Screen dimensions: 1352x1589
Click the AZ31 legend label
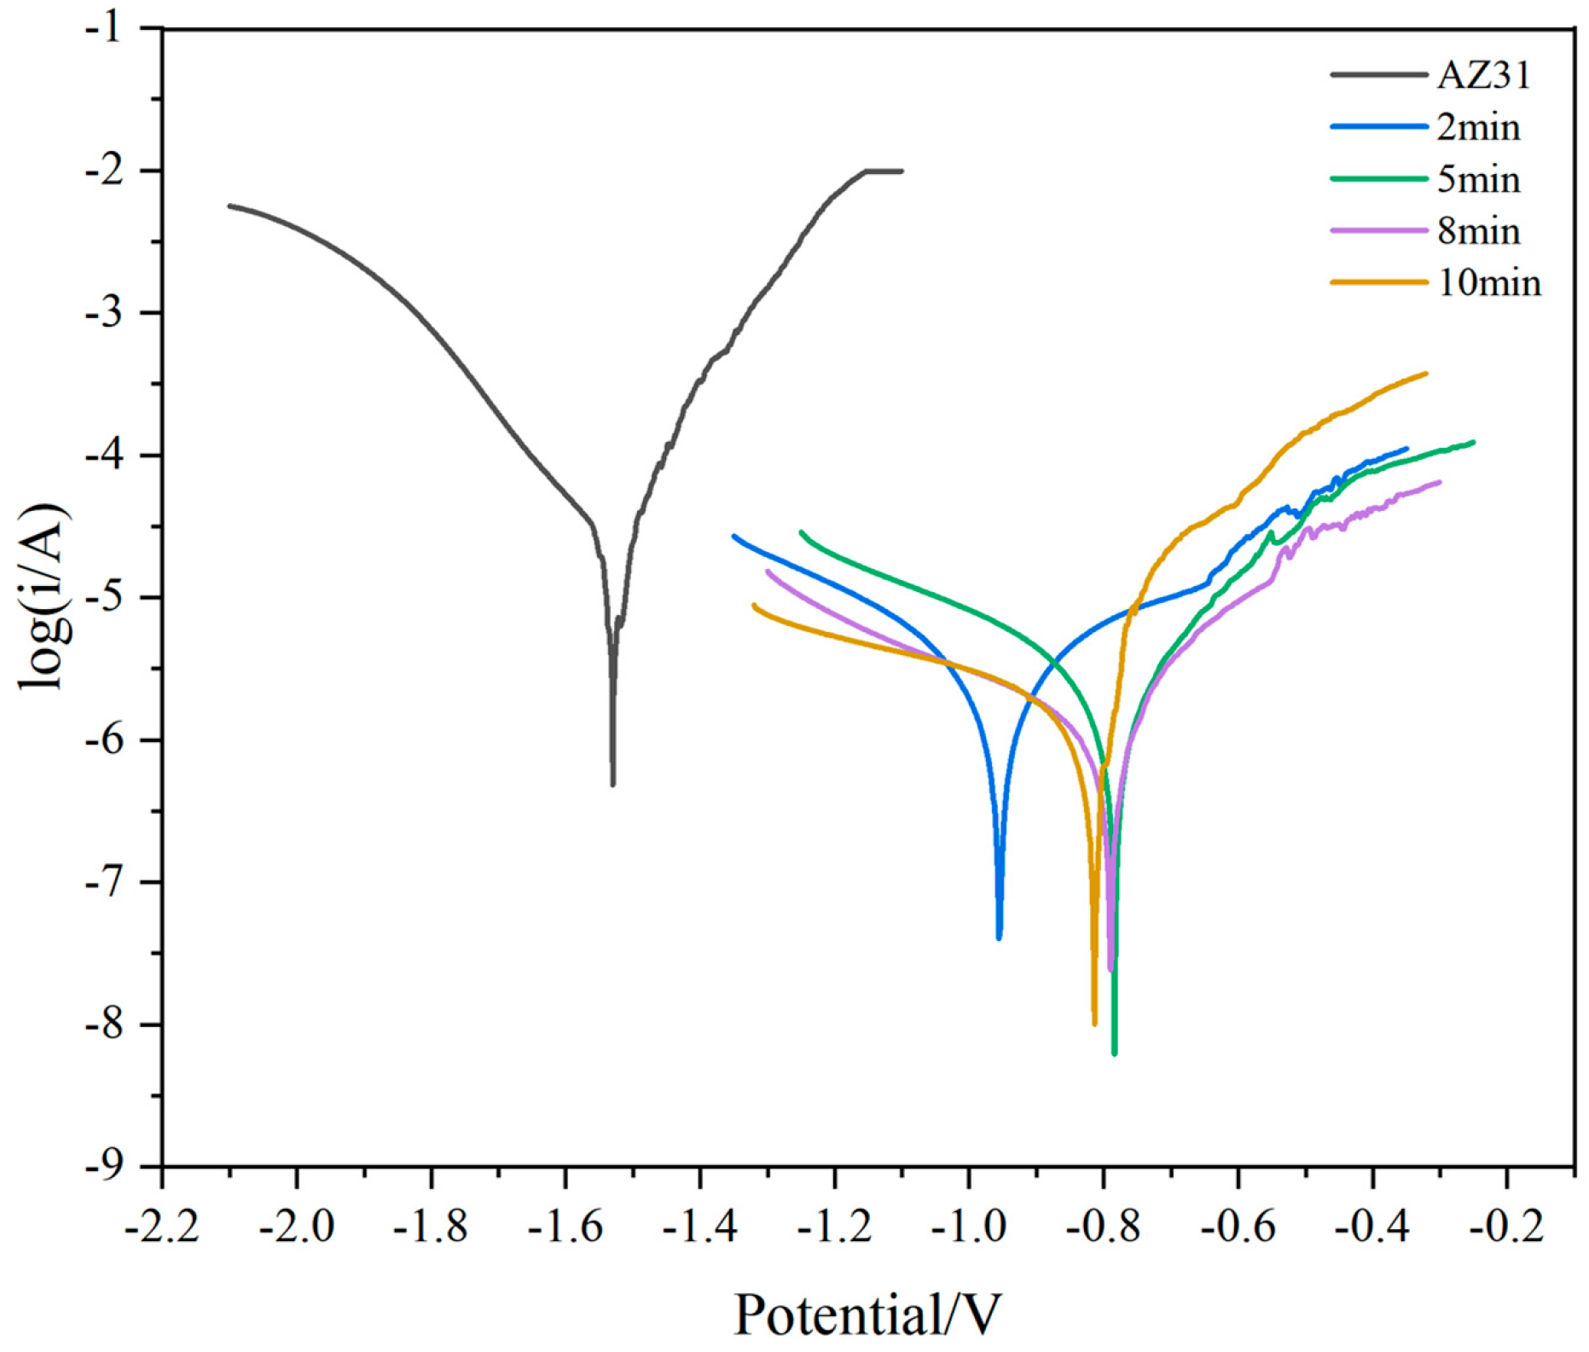(x=1483, y=76)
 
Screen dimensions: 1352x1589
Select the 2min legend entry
(x=1478, y=128)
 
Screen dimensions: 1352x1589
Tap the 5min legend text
(x=1478, y=180)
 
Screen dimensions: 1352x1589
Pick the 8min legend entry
(x=1478, y=231)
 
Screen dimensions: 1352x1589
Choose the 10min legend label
(x=1489, y=283)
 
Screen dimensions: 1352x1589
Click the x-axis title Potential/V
(x=867, y=1314)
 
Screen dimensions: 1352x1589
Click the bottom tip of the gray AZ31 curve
(x=612, y=783)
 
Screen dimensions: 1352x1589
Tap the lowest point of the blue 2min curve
(x=999, y=937)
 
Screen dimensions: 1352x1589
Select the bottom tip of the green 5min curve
(x=1114, y=1053)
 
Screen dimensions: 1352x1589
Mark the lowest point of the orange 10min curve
(x=1094, y=1023)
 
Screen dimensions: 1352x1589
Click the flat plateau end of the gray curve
(x=901, y=171)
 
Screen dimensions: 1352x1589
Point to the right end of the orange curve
(x=1425, y=374)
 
